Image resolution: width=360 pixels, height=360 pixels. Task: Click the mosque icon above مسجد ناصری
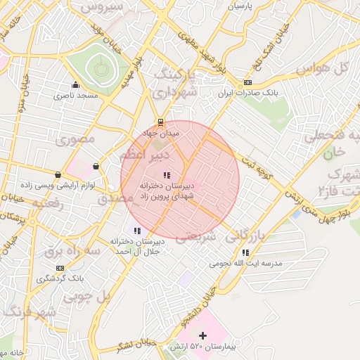(75, 85)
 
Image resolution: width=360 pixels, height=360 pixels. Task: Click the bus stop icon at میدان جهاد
(161, 122)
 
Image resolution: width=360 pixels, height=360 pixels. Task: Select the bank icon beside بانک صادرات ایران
(247, 83)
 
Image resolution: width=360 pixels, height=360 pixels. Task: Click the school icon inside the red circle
(166, 175)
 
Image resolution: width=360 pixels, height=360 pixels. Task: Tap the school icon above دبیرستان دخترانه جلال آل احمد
(136, 230)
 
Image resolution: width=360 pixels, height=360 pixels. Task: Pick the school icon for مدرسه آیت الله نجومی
(245, 252)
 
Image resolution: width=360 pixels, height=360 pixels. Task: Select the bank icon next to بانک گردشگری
(60, 268)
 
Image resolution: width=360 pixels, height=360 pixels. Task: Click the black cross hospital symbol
(203, 335)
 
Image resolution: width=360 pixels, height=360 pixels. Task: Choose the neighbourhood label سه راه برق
(69, 250)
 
